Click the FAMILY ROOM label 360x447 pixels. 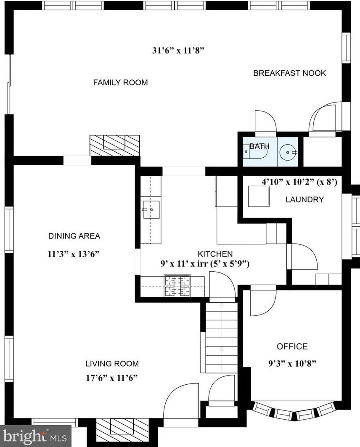click(120, 82)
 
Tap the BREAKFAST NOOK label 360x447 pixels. click(290, 73)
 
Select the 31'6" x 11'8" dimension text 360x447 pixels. click(179, 51)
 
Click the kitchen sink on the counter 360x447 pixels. click(151, 209)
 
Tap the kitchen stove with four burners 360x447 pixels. click(177, 286)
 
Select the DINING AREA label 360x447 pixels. click(74, 236)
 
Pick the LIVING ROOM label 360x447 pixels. click(112, 363)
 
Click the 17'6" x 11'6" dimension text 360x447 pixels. click(112, 378)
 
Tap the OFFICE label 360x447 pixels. click(292, 346)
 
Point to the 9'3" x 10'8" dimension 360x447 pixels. click(292, 363)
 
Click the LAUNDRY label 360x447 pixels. click(305, 199)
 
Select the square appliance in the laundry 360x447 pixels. click(259, 196)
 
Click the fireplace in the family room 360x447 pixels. click(114, 145)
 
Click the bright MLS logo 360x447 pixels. click(35, 436)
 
